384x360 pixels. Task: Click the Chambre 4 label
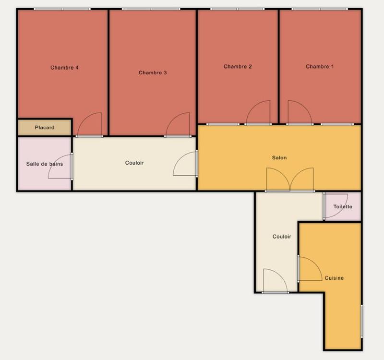point(64,68)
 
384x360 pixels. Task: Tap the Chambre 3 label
point(153,73)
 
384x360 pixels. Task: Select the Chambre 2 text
point(238,67)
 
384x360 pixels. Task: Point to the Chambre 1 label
point(320,67)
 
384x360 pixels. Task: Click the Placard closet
point(45,128)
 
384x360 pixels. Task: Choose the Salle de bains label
point(44,164)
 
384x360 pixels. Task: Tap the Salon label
point(279,157)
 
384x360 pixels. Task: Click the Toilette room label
point(343,207)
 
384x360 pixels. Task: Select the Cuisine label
point(334,278)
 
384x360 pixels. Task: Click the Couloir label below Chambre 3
point(134,163)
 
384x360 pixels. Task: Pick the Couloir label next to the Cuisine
point(282,237)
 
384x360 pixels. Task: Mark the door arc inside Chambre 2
point(258,113)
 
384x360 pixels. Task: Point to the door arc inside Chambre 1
point(299,113)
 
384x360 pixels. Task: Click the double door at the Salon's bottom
point(290,180)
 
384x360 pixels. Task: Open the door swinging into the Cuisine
point(310,268)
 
